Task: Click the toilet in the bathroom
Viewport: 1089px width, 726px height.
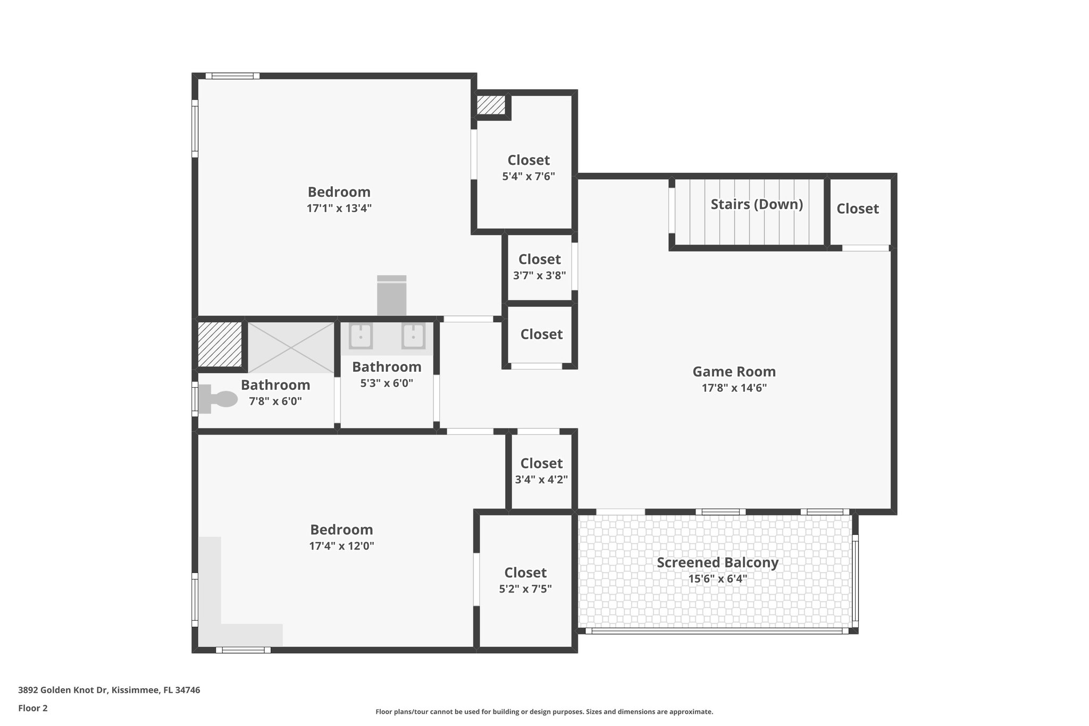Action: click(219, 399)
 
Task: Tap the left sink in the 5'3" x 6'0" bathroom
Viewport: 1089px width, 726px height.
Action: click(361, 336)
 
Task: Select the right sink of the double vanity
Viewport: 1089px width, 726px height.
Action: click(413, 336)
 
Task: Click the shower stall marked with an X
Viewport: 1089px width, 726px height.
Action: click(290, 347)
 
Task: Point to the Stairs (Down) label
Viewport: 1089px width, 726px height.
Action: click(757, 204)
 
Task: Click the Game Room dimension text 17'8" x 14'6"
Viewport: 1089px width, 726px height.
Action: click(734, 388)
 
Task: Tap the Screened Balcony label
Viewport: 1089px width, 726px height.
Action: click(717, 562)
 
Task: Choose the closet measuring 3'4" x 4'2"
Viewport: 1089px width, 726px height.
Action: click(541, 471)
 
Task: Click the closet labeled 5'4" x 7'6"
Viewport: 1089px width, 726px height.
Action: click(529, 168)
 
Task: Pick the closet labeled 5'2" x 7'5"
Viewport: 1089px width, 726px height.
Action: click(525, 580)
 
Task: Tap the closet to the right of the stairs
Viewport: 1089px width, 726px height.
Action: click(857, 209)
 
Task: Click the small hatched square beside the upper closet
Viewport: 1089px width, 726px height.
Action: click(490, 105)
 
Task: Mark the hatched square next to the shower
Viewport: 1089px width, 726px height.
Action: click(220, 344)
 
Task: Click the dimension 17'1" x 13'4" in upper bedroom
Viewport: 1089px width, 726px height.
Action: click(339, 208)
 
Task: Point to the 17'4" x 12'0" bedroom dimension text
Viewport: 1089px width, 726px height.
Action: click(341, 546)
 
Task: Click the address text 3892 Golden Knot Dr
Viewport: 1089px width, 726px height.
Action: click(109, 690)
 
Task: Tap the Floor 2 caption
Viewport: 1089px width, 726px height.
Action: click(33, 708)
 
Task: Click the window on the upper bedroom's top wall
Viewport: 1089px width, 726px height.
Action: click(232, 76)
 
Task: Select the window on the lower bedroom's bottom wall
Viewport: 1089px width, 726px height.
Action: click(243, 649)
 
